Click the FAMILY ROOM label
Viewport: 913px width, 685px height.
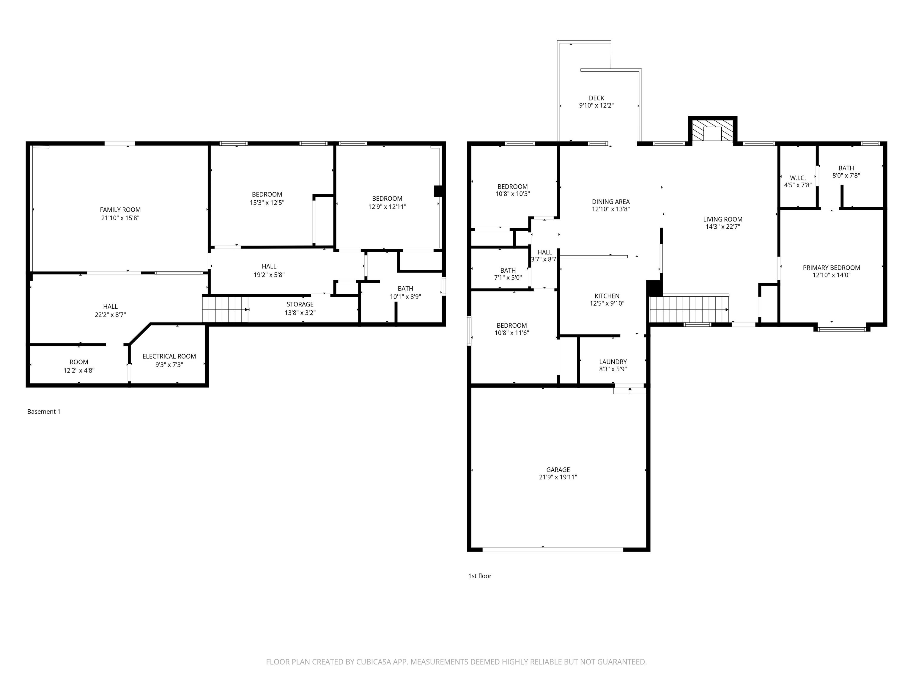point(120,210)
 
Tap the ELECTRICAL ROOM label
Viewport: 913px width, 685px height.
point(169,356)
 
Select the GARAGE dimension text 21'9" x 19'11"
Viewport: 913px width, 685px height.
point(558,477)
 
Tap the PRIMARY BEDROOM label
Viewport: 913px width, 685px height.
point(831,268)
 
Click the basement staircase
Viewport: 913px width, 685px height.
point(225,309)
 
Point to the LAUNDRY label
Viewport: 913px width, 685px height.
point(613,362)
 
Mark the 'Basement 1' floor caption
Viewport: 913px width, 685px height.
point(44,412)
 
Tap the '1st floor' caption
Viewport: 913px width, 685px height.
point(480,576)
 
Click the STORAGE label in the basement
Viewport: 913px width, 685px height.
point(300,304)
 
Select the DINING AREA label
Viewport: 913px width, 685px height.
point(611,202)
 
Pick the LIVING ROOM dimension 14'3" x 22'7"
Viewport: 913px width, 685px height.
point(723,227)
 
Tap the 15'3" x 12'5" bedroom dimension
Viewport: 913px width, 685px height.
point(267,203)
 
